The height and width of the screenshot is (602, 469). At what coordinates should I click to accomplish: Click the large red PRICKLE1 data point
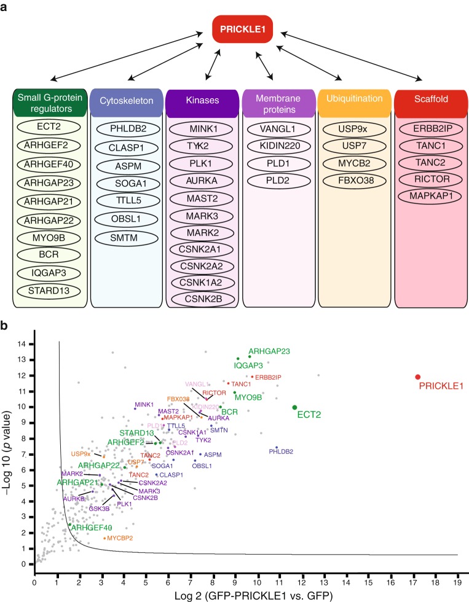[418, 377]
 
